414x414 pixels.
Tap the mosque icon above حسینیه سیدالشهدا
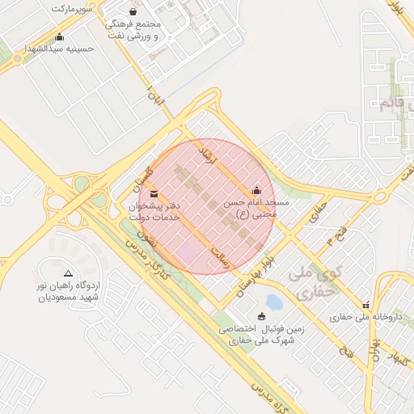click(59, 36)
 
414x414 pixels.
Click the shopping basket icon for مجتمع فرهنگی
click(133, 11)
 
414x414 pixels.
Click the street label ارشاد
click(211, 154)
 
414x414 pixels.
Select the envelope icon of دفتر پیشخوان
click(154, 194)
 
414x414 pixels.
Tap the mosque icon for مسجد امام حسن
click(257, 192)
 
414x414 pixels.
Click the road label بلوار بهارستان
click(258, 278)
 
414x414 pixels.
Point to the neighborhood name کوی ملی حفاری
click(315, 282)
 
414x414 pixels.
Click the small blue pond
click(274, 302)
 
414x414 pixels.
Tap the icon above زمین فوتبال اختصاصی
click(260, 316)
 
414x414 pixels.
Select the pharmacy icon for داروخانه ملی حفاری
click(366, 305)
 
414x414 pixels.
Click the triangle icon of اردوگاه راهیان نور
click(68, 273)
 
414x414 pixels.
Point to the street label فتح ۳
click(335, 239)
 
